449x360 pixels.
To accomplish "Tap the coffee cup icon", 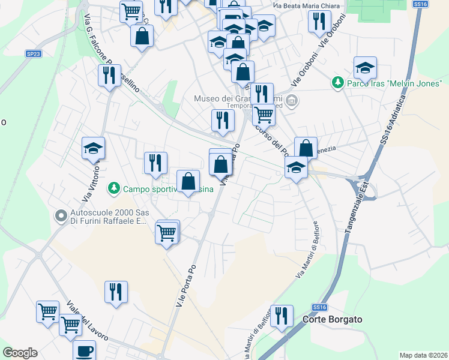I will [85, 350].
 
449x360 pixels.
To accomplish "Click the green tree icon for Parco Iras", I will [338, 82].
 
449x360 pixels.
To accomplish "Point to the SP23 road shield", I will [34, 53].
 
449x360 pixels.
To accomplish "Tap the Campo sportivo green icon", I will [113, 189].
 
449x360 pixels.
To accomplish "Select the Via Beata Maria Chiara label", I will [306, 7].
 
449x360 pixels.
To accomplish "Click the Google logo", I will [20, 353].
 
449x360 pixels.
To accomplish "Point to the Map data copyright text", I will [423, 355].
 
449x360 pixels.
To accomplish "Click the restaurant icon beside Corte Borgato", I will [282, 315].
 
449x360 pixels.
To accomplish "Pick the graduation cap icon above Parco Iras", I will [364, 68].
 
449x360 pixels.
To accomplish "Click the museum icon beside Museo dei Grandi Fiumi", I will [292, 100].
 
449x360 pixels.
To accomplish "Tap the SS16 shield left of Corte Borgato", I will [321, 307].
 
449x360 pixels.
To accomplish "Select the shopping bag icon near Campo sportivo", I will [188, 181].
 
